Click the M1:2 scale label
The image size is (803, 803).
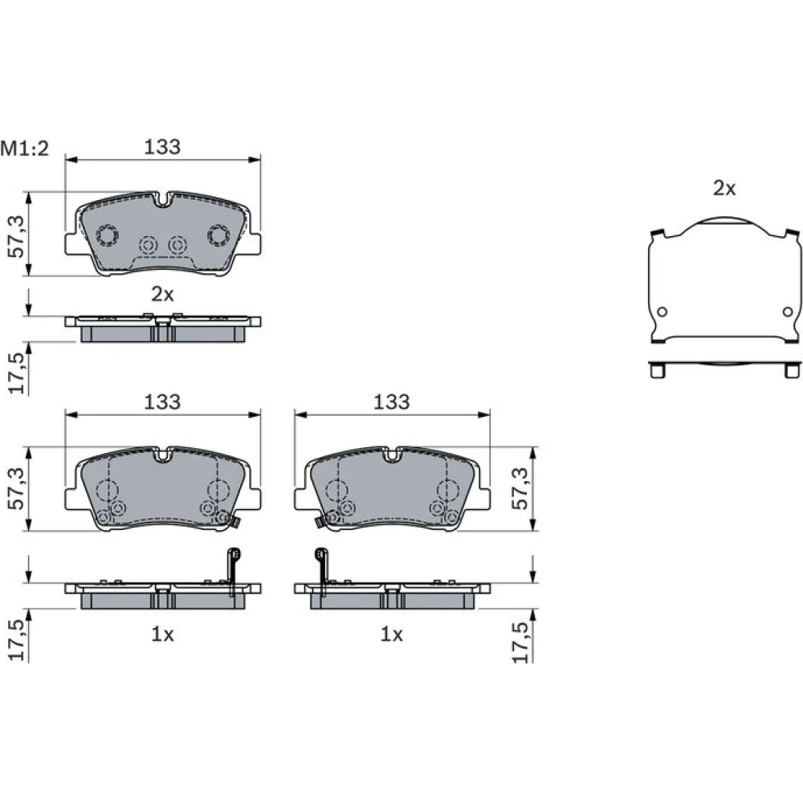tap(25, 149)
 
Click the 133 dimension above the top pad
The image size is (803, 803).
tap(162, 147)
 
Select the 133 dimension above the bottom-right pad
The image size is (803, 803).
tap(392, 402)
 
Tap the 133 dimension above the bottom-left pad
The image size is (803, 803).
tap(162, 402)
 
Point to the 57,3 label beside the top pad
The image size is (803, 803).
tap(16, 236)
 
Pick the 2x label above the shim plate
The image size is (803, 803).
tap(724, 189)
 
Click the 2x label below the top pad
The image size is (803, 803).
tap(162, 294)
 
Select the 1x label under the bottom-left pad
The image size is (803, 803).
tap(162, 634)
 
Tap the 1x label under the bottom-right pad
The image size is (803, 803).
tap(392, 634)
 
